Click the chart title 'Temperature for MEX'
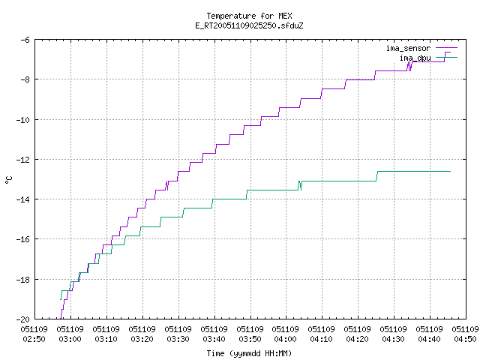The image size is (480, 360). click(249, 16)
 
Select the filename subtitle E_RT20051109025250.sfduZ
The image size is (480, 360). click(249, 25)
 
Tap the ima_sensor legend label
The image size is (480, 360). click(408, 48)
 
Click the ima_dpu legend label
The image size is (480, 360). click(415, 58)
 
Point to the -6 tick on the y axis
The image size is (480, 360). click(25, 40)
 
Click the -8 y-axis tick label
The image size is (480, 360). click(25, 79)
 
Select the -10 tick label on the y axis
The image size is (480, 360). click(22, 120)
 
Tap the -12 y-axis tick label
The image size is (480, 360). click(22, 160)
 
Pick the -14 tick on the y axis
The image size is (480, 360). click(22, 199)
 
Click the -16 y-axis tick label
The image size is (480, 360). click(22, 239)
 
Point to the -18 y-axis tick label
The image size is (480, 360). click(22, 280)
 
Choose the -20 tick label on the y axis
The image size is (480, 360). click(22, 319)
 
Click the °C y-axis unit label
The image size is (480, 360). click(8, 180)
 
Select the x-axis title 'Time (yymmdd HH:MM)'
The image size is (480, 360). click(249, 353)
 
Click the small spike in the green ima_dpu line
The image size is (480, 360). click(300, 185)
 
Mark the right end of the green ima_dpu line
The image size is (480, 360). click(450, 172)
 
